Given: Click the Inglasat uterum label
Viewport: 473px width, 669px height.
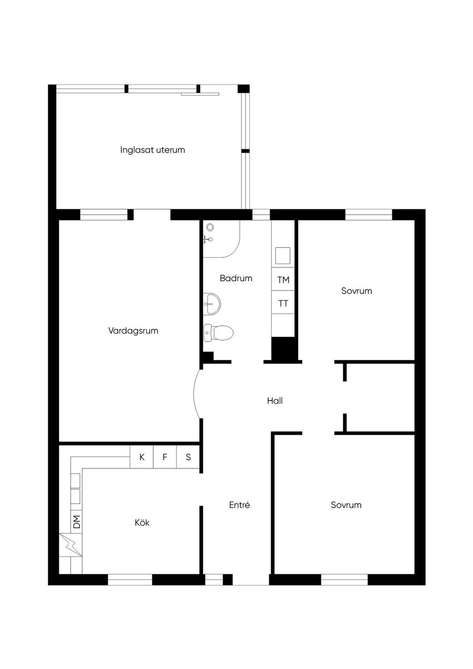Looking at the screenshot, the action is coord(152,150).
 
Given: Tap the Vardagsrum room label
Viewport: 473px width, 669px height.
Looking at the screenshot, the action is coord(133,331).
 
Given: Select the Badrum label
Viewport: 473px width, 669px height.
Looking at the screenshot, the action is coord(236,278).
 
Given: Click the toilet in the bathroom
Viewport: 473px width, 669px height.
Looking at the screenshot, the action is coord(218,332).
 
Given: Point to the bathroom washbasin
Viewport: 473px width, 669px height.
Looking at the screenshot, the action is coord(212,304).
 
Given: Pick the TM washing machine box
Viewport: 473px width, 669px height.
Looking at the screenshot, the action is coord(283,279).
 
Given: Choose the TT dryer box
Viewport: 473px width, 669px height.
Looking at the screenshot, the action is coord(283,302).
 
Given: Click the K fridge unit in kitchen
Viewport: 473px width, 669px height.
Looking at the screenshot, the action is coord(142,457).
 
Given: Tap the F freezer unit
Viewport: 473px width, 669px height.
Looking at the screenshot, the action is coord(165,457).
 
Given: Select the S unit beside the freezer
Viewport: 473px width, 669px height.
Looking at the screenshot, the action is coord(188,457).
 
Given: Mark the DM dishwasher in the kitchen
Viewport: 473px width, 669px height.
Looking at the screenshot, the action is coord(76,522).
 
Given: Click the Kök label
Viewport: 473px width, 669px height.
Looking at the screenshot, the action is coord(142,523).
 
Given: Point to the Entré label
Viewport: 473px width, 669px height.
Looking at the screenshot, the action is coord(239,505).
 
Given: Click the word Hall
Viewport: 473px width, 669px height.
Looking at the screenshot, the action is coord(275,401).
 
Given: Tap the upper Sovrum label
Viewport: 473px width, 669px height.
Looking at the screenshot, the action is coord(357,291).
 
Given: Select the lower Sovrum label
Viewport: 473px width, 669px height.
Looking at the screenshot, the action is coord(346,505).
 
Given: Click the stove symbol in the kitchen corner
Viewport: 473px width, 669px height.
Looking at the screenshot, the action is coord(71,545).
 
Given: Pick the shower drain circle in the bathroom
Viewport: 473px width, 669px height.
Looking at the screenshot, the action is coord(210,227).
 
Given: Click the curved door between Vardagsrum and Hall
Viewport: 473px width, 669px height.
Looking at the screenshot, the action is coord(196,394).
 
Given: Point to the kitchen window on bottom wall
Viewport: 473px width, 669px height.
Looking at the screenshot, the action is coord(130,579).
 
